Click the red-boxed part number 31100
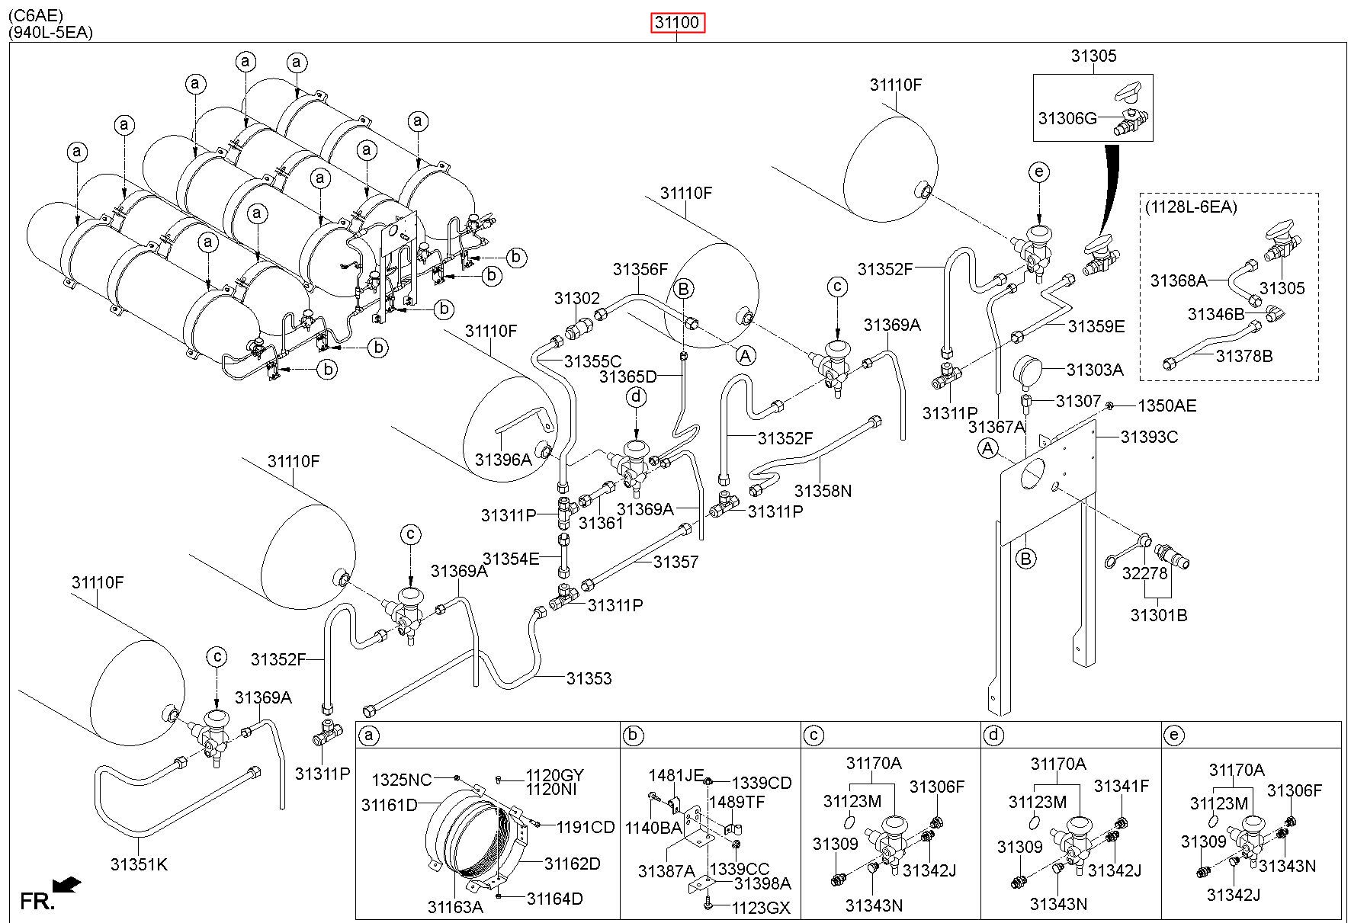pyautogui.click(x=677, y=24)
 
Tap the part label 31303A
pyautogui.click(x=1094, y=370)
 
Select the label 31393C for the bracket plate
pyautogui.click(x=1148, y=437)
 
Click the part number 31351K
pyautogui.click(x=139, y=864)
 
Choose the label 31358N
pyautogui.click(x=823, y=491)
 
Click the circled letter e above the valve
pyautogui.click(x=1038, y=172)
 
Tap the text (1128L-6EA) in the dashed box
pyautogui.click(x=1192, y=207)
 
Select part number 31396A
pyautogui.click(x=503, y=460)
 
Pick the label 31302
pyautogui.click(x=577, y=298)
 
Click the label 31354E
pyautogui.click(x=511, y=559)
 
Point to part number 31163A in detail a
pyautogui.click(x=455, y=907)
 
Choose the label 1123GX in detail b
pyautogui.click(x=761, y=907)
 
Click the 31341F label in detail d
pyautogui.click(x=1121, y=786)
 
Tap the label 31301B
pyautogui.click(x=1158, y=615)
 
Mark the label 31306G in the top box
pyautogui.click(x=1067, y=118)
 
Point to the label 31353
pyautogui.click(x=589, y=678)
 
